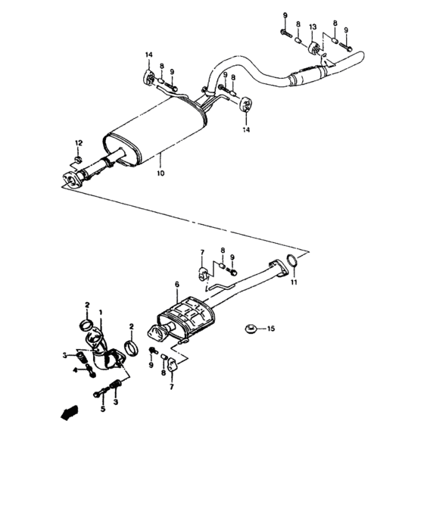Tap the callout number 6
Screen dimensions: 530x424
(x=176, y=285)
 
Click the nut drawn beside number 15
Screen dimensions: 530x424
(x=250, y=329)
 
